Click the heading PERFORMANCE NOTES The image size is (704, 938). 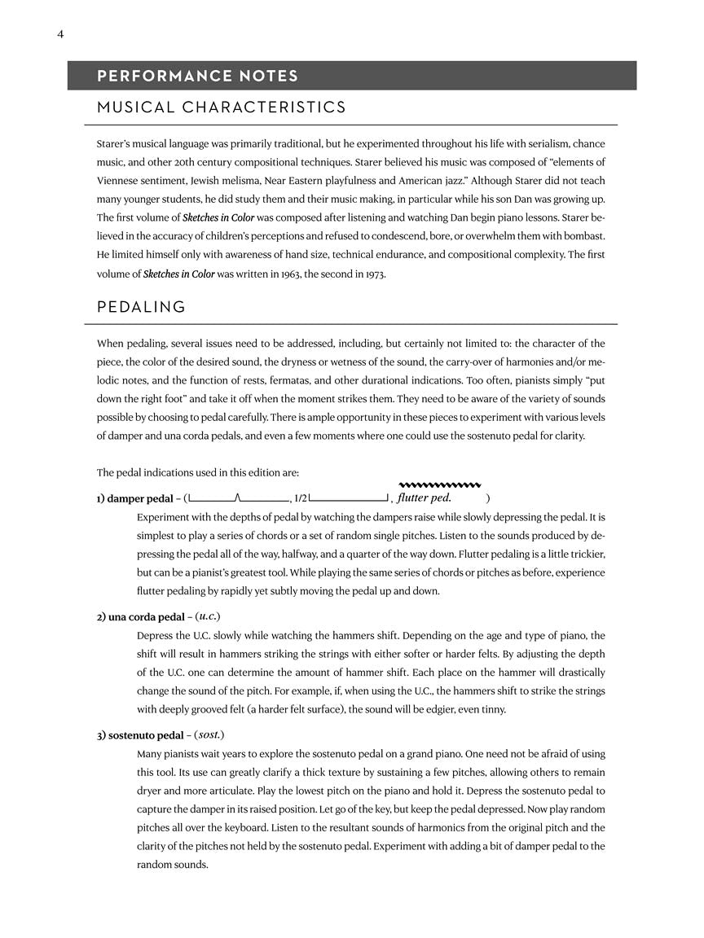coord(197,77)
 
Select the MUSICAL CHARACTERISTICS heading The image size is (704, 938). coord(221,107)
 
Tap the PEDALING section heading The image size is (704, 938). coord(141,307)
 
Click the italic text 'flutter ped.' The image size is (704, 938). coord(425,497)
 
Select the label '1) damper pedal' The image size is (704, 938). coord(133,498)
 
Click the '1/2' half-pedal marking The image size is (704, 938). coord(301,498)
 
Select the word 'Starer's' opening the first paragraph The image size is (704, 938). coord(116,142)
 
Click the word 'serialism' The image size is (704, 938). coord(532,142)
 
